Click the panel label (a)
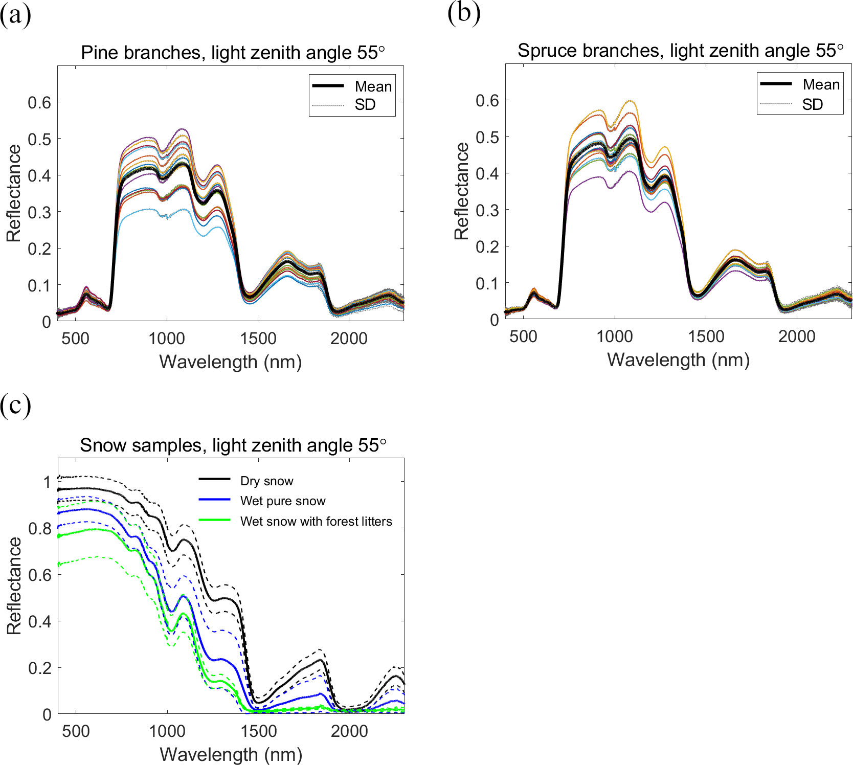tap(15, 15)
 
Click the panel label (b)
tap(463, 13)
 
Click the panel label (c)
tap(15, 406)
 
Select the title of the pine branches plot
tap(233, 53)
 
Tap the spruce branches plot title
tap(680, 51)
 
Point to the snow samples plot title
tap(233, 445)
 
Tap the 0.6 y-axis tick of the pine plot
tap(39, 103)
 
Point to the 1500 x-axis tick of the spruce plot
tap(706, 336)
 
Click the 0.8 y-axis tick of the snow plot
tap(40, 529)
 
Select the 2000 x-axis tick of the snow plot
tap(349, 731)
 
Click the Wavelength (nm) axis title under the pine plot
tap(231, 362)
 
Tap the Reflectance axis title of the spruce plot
tap(461, 191)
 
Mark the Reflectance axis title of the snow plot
tap(14, 586)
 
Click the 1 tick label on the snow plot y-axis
tap(47, 482)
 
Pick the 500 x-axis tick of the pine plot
tap(76, 339)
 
